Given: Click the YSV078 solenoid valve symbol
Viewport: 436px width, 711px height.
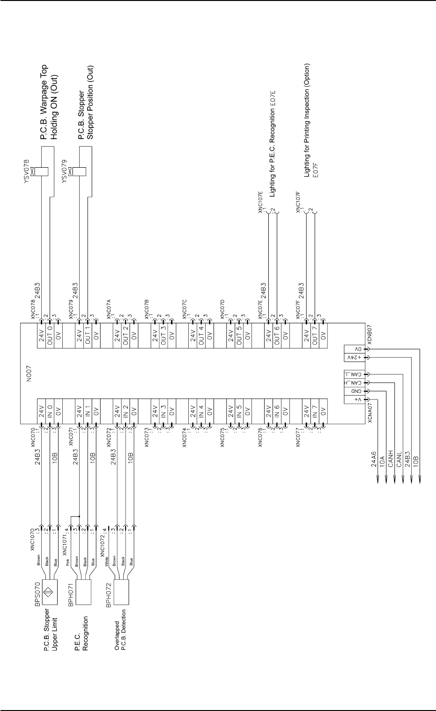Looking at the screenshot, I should coord(43,171).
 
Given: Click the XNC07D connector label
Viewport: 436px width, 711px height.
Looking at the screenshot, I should coord(222,307).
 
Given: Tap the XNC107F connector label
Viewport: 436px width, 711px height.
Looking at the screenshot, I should coord(298,201).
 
